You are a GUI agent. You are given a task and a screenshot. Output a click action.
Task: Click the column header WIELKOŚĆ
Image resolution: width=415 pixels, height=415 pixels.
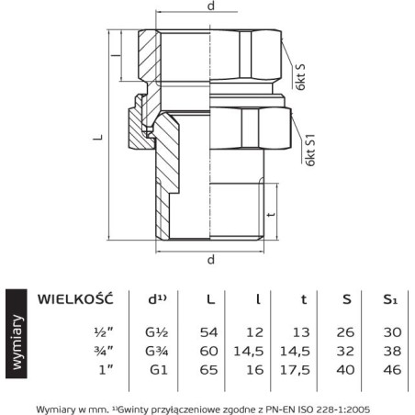pyautogui.click(x=75, y=298)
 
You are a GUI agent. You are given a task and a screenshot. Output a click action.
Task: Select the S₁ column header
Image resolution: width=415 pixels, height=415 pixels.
pyautogui.click(x=390, y=299)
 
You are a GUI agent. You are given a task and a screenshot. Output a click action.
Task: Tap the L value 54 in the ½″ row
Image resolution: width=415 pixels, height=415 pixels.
pyautogui.click(x=208, y=332)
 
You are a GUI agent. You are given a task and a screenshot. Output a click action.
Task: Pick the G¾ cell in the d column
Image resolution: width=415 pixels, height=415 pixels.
pyautogui.click(x=157, y=351)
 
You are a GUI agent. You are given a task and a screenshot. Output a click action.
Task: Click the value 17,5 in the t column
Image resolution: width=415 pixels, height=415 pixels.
pyautogui.click(x=295, y=370)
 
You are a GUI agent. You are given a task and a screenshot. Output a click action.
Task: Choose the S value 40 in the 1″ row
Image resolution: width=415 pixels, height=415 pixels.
pyautogui.click(x=345, y=370)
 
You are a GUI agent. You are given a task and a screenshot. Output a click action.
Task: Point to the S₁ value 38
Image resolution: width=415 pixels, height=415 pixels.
pyautogui.click(x=392, y=351)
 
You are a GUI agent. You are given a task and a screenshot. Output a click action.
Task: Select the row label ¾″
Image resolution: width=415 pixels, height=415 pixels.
pyautogui.click(x=104, y=351)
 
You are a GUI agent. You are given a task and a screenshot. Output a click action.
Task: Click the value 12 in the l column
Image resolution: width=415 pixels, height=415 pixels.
pyautogui.click(x=255, y=332)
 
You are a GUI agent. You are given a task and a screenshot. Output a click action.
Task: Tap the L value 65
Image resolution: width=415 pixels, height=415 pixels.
pyautogui.click(x=208, y=370)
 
